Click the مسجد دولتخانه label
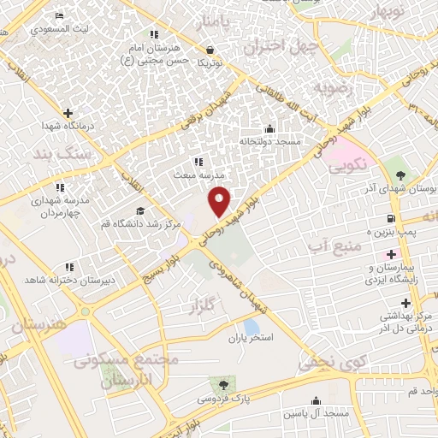270,141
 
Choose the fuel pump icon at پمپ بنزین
391,219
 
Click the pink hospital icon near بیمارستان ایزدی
391,254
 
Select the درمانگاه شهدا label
66,126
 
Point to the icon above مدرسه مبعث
198,161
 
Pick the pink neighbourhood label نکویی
350,162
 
